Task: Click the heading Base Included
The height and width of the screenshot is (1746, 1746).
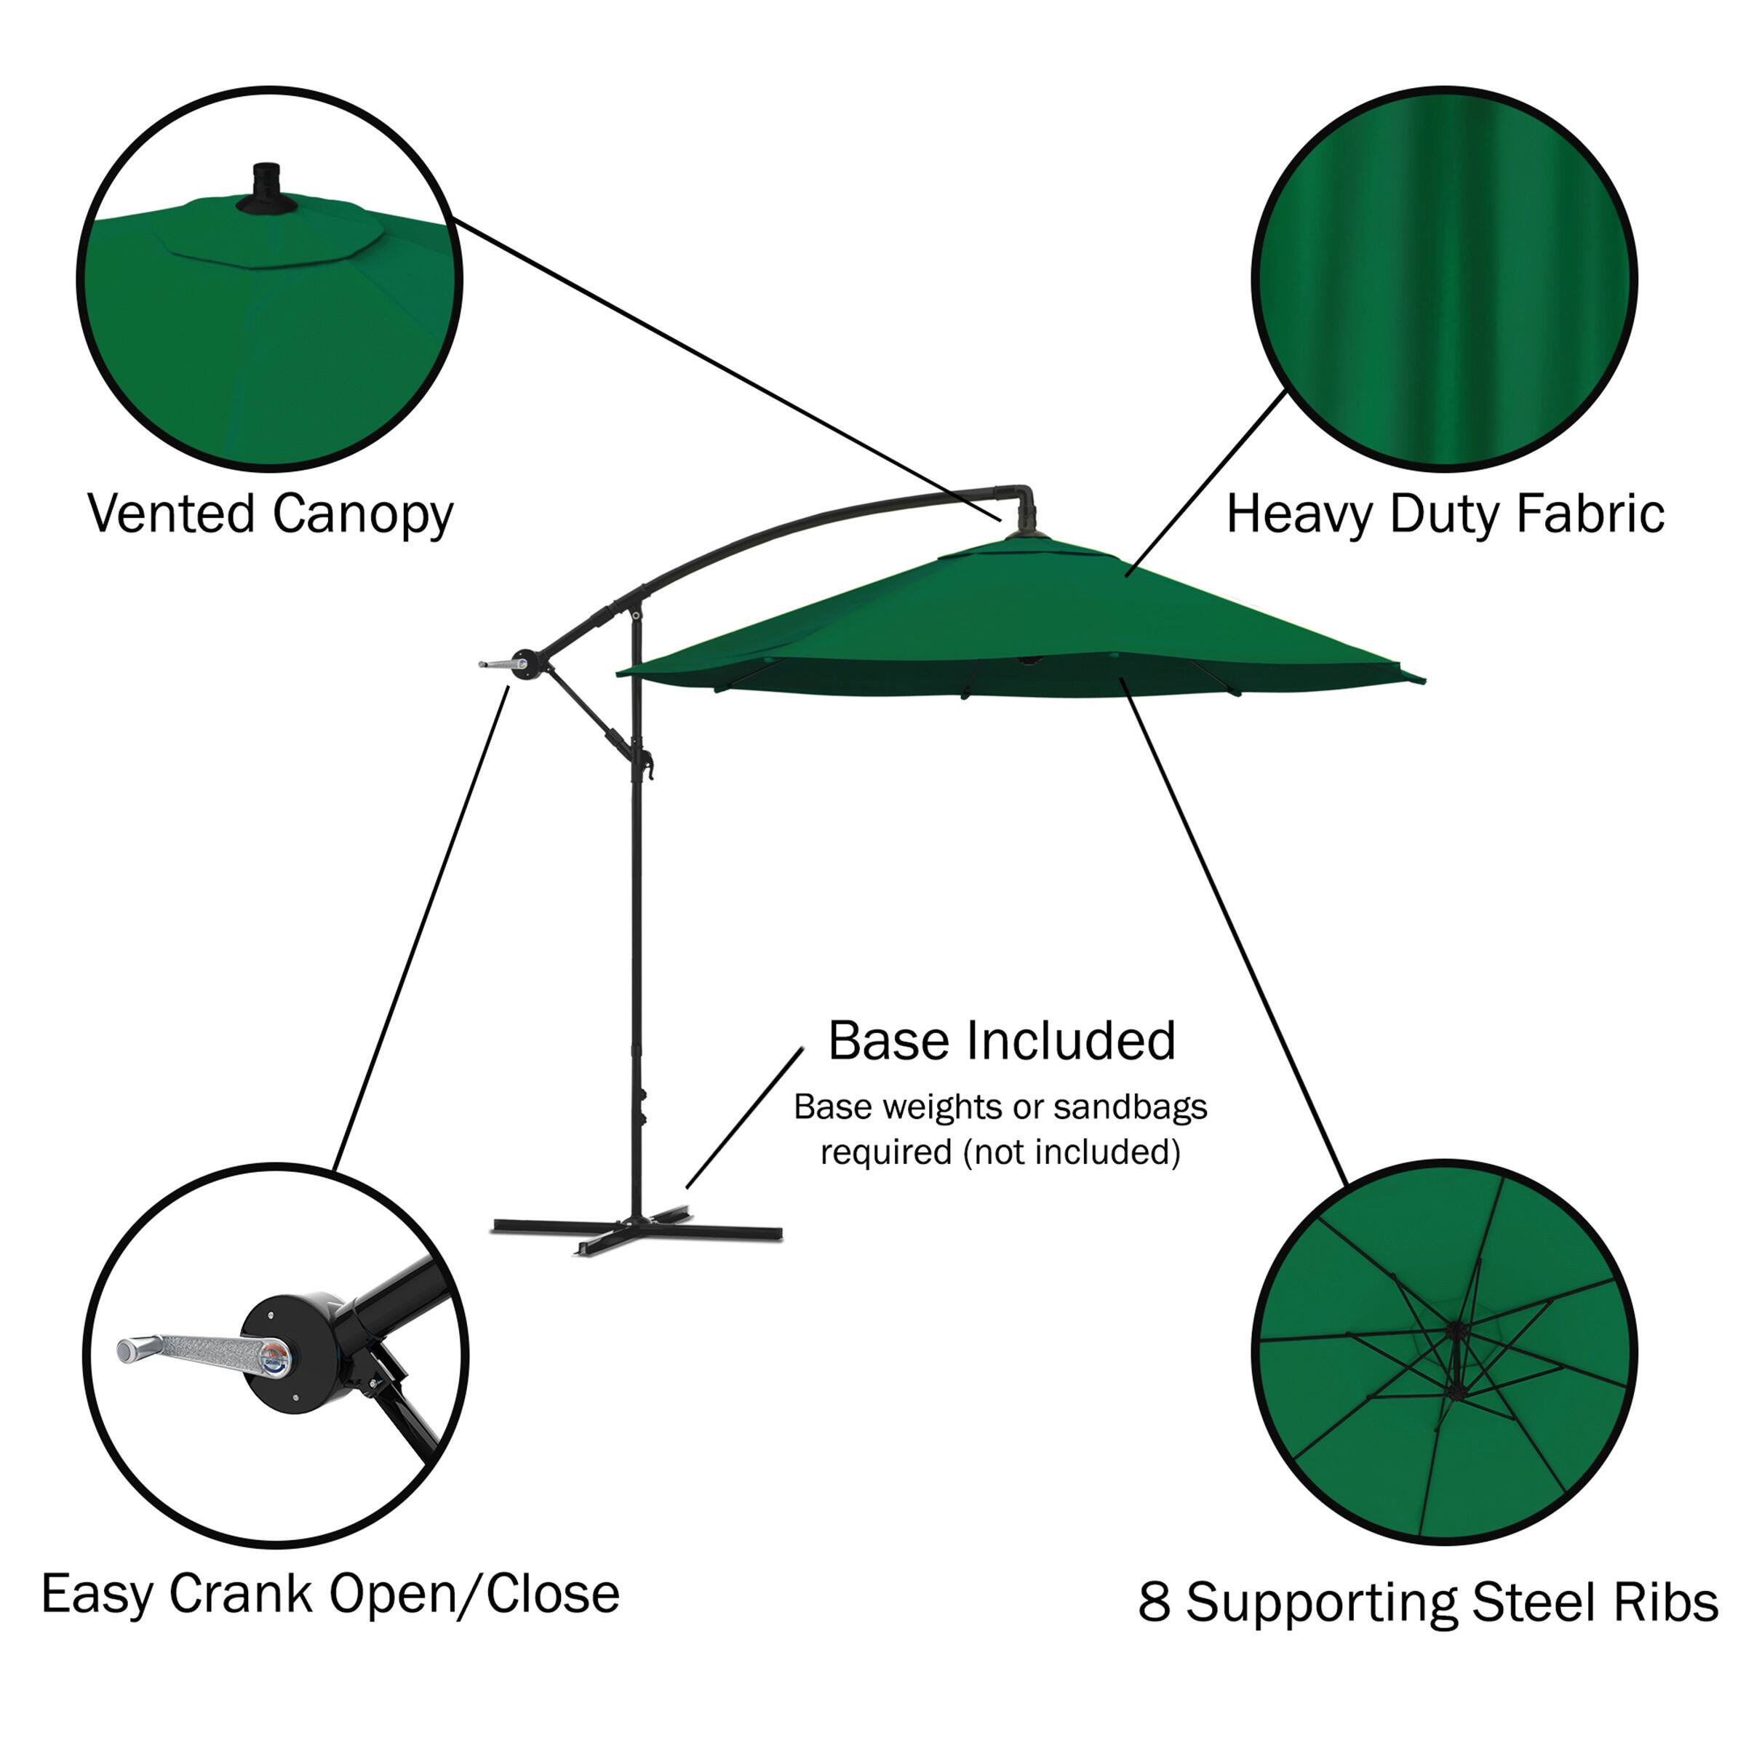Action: pos(1001,1040)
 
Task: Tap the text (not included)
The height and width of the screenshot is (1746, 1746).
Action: pos(1071,1152)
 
